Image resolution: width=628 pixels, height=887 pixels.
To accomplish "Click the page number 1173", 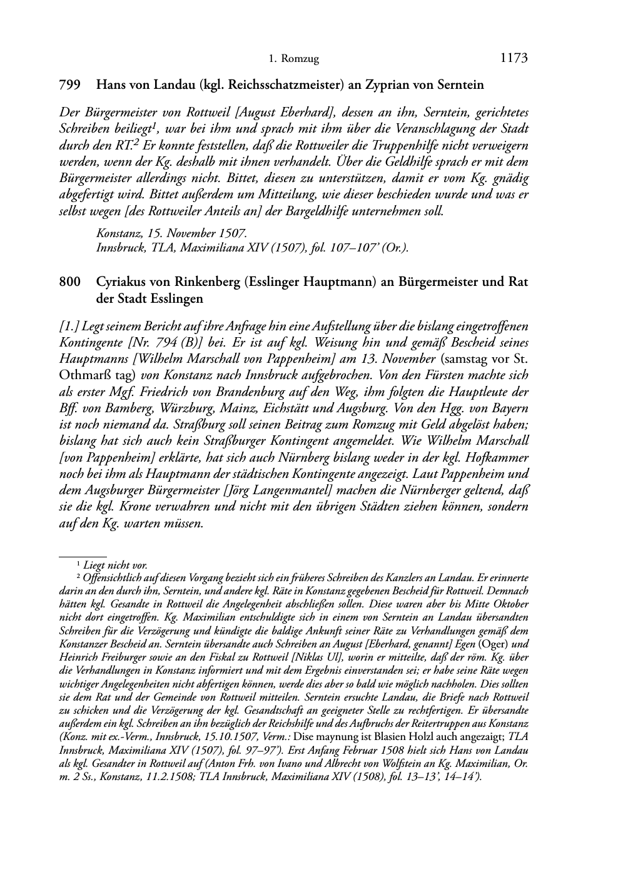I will pos(514,59).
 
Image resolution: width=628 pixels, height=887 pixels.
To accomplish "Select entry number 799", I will pos(69,84).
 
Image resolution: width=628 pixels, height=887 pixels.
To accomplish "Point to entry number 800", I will pos(69,282).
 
